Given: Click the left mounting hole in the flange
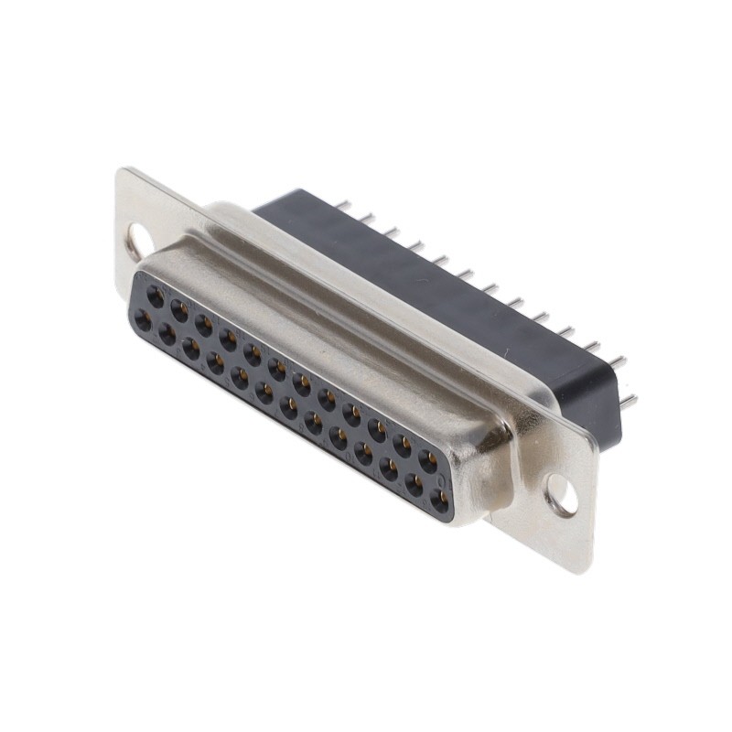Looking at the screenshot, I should pos(136,241).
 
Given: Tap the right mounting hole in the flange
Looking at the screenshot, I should pos(562,495).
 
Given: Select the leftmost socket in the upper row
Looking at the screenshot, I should pos(155,297).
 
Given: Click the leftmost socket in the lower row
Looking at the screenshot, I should pos(143,320).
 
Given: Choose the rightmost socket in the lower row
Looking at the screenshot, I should pos(440,501).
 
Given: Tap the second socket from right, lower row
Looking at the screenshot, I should pos(414,485).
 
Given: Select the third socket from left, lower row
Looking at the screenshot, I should pos(190,349).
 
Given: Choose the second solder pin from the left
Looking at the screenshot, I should pos(367,218).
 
